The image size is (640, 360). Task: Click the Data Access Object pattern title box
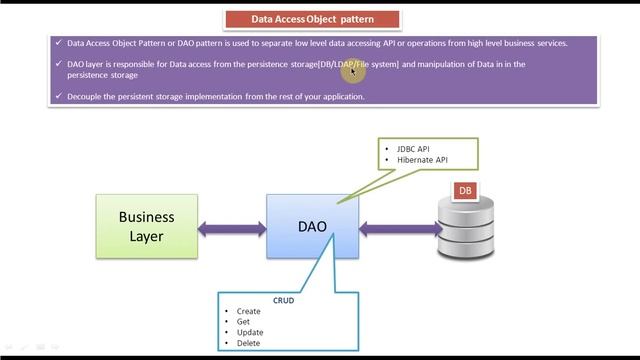312,18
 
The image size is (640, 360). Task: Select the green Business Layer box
146,226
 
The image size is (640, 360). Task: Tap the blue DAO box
313,226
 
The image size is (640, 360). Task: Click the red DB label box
465,190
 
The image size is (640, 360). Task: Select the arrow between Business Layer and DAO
232,229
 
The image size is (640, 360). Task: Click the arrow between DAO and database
400,229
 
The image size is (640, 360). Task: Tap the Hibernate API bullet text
422,160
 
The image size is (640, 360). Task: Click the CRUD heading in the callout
284,300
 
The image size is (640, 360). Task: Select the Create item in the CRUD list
249,311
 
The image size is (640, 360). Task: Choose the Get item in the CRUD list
243,322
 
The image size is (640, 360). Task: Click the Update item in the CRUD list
250,332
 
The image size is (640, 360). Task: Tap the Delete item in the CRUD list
248,343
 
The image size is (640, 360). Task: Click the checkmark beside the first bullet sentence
59,43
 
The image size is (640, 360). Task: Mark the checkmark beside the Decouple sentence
59,96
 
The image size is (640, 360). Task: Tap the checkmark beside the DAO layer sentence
59,64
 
